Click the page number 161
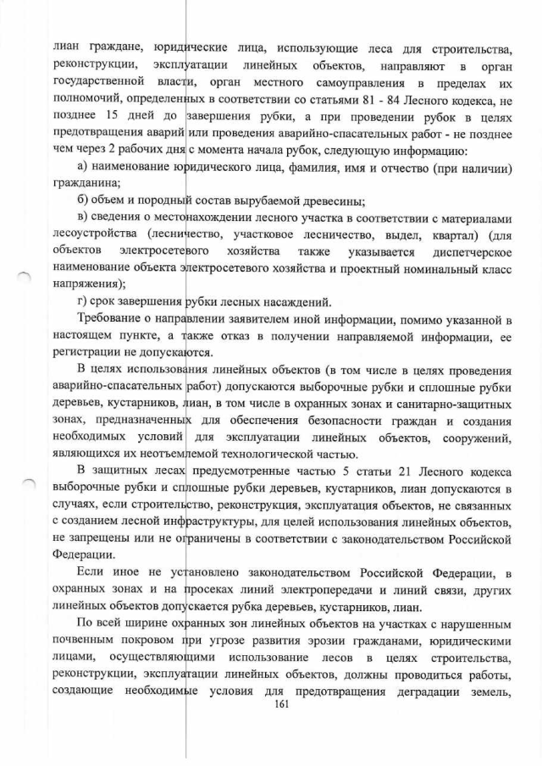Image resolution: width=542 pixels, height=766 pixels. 271,719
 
